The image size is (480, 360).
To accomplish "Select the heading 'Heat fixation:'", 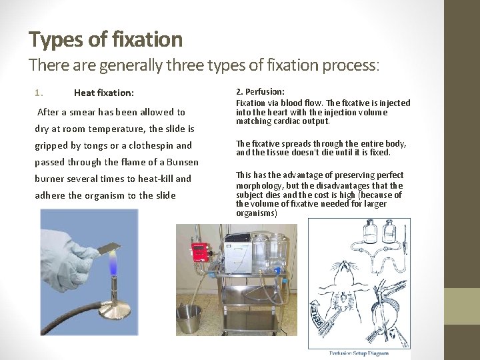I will pyautogui.click(x=103, y=93).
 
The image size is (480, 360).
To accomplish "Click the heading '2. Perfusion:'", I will pyautogui.click(x=260, y=91).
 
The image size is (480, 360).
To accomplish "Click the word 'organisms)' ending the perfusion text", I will pyautogui.click(x=256, y=213).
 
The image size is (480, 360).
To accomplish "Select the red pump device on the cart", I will pyautogui.click(x=201, y=252).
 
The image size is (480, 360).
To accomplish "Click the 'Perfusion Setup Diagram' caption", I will pyautogui.click(x=361, y=353).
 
